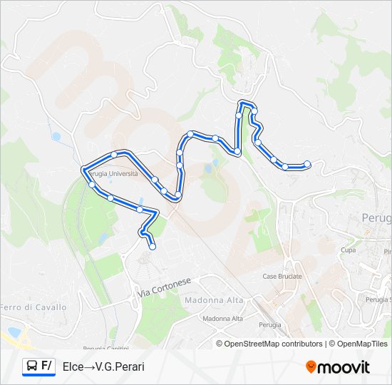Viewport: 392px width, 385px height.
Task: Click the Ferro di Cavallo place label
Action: [33, 307]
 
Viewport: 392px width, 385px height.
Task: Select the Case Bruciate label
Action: [282, 276]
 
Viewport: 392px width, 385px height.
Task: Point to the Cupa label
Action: [348, 250]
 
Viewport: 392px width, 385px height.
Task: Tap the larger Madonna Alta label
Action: [214, 300]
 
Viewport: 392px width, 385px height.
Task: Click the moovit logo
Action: [338, 367]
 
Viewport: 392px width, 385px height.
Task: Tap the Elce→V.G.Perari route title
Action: [103, 366]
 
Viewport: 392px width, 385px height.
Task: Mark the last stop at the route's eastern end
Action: [307, 164]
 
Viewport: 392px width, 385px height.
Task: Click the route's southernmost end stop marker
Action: [153, 247]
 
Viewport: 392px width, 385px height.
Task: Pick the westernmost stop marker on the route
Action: [85, 169]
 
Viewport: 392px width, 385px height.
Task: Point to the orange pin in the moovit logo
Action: [311, 367]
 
